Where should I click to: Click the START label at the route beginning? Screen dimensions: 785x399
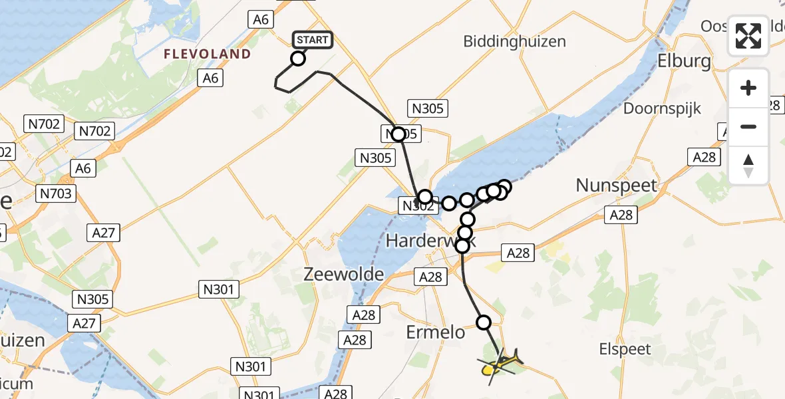point(312,40)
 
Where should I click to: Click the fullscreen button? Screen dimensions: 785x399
point(748,36)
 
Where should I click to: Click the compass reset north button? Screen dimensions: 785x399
point(748,166)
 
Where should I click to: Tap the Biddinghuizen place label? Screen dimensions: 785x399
point(516,41)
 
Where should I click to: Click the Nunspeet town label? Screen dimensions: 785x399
point(616,186)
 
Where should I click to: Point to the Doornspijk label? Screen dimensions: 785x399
point(662,108)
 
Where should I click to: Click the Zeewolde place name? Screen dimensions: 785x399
point(343,274)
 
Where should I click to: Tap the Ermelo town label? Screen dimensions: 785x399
point(436,332)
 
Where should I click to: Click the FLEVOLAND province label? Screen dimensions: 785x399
point(208,54)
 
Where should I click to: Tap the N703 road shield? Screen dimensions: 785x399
point(57,194)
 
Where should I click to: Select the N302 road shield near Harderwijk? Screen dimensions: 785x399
point(417,206)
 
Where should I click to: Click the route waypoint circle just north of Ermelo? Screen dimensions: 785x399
point(484,323)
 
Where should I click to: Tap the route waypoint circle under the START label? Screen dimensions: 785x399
point(298,59)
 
